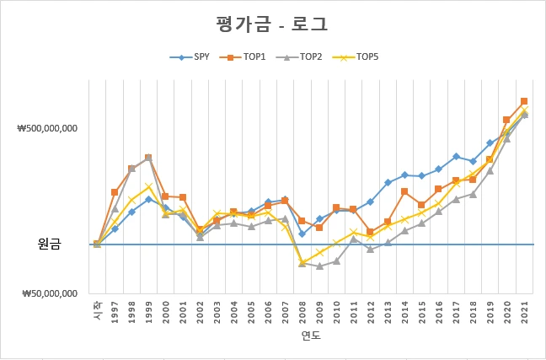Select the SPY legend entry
[195, 57]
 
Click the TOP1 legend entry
[249, 57]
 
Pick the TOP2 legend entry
[305, 57]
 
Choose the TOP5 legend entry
[361, 57]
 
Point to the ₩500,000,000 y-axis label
[47, 129]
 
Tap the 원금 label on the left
[51, 244]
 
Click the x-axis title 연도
[311, 336]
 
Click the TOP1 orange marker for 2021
[524, 101]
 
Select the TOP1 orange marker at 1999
[148, 158]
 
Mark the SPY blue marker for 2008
[302, 234]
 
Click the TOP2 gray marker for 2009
[319, 266]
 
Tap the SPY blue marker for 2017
[456, 157]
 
